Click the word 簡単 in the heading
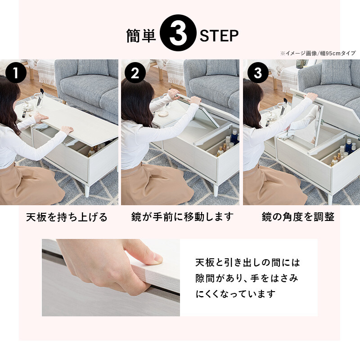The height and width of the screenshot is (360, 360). [141, 36]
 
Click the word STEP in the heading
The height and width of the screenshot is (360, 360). [219, 36]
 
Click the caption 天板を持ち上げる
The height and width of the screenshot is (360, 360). [67, 217]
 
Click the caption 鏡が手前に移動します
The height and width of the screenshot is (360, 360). [183, 217]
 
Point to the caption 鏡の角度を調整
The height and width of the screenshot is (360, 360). [298, 217]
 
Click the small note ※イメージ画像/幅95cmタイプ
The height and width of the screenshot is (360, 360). [318, 53]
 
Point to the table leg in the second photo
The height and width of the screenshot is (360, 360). [216, 189]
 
